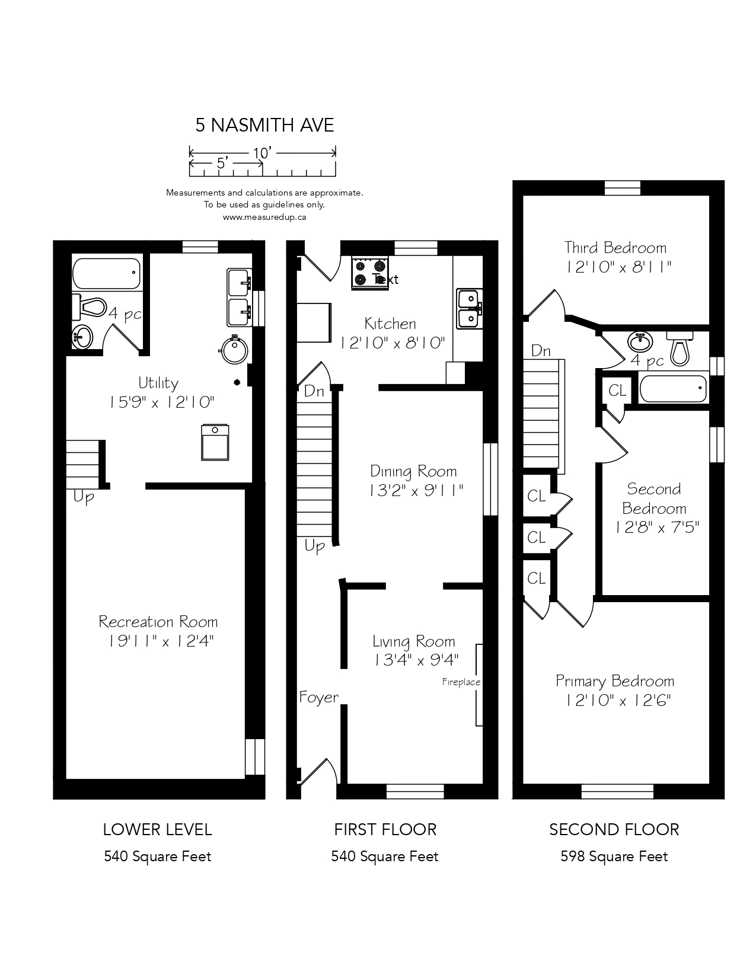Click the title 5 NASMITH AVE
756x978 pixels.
(x=264, y=125)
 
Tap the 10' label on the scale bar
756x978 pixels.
(x=262, y=154)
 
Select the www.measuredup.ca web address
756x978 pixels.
(x=264, y=217)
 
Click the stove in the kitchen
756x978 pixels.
(x=369, y=272)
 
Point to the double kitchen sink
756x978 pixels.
(x=470, y=309)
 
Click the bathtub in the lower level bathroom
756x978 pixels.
(x=107, y=274)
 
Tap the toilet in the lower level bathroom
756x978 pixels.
(x=89, y=308)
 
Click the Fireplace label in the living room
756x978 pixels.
(x=461, y=682)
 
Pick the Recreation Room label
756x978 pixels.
(x=158, y=622)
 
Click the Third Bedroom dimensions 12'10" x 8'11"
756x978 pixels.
(x=618, y=267)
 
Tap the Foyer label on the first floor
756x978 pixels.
(x=318, y=697)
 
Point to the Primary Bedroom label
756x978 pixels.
(x=615, y=681)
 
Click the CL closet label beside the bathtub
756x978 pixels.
(x=617, y=390)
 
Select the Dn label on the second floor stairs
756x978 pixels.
(x=540, y=351)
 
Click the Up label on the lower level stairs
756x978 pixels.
(x=84, y=497)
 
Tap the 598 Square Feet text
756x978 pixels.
(x=614, y=856)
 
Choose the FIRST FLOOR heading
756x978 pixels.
(x=385, y=829)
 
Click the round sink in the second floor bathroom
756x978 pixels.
(x=641, y=342)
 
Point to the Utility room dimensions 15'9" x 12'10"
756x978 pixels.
(x=161, y=402)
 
